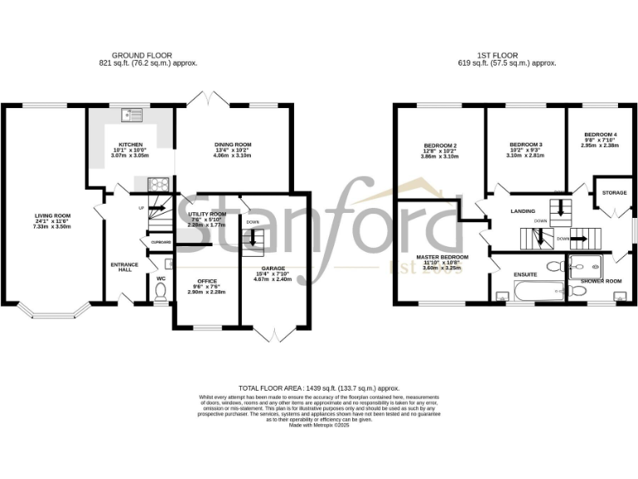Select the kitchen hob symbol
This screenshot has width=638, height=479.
point(158,184)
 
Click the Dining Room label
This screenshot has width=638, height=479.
point(233,145)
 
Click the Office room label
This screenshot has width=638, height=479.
point(206,281)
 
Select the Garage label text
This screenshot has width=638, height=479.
point(273,269)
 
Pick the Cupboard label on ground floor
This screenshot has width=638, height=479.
point(161,242)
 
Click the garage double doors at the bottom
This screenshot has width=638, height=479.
point(274,334)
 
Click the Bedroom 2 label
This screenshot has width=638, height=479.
point(439,146)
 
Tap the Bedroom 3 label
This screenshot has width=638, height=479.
point(525,144)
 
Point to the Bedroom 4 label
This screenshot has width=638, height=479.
point(600,135)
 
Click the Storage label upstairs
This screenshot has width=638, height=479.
point(614,193)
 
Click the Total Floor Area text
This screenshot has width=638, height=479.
point(319,388)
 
